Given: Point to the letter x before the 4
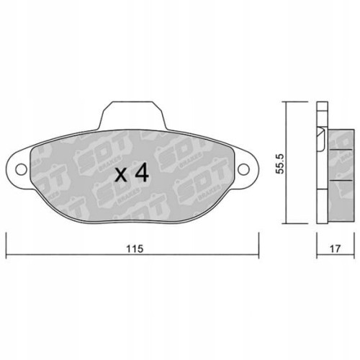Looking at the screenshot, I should click(x=123, y=175).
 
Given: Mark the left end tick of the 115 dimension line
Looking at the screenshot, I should click(x=6, y=256).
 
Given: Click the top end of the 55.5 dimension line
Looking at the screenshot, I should click(x=286, y=103).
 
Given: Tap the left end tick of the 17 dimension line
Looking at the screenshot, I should click(x=317, y=256).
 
